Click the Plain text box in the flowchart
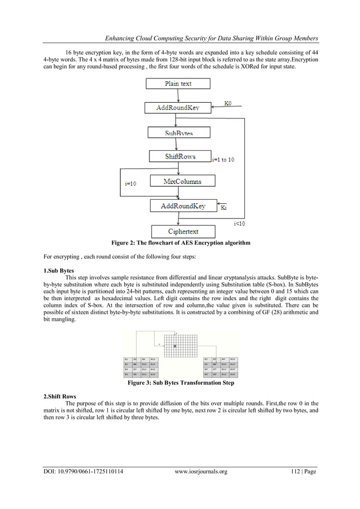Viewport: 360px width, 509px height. [x=178, y=84]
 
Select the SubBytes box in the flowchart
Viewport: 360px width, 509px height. [x=178, y=132]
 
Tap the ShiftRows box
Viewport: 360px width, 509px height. [x=179, y=156]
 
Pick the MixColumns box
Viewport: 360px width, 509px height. [x=182, y=181]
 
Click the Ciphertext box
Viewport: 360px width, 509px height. [x=183, y=231]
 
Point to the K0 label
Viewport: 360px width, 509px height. [x=227, y=103]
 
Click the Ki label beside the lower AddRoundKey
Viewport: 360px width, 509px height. [x=224, y=208]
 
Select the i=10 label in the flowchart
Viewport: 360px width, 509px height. [x=134, y=183]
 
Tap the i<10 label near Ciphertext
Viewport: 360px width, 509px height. [x=239, y=223]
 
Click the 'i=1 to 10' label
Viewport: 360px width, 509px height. [x=223, y=160]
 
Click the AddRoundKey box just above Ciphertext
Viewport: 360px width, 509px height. [x=183, y=206]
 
